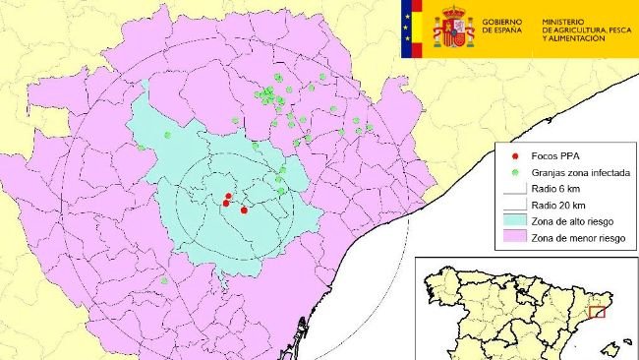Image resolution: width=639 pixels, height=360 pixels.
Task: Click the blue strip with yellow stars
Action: (408, 27)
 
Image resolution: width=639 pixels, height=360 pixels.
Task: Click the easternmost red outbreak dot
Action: (243, 209)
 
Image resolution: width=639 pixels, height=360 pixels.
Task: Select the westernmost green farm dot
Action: (142, 148)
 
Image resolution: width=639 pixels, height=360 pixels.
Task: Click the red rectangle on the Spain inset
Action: (596, 312)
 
